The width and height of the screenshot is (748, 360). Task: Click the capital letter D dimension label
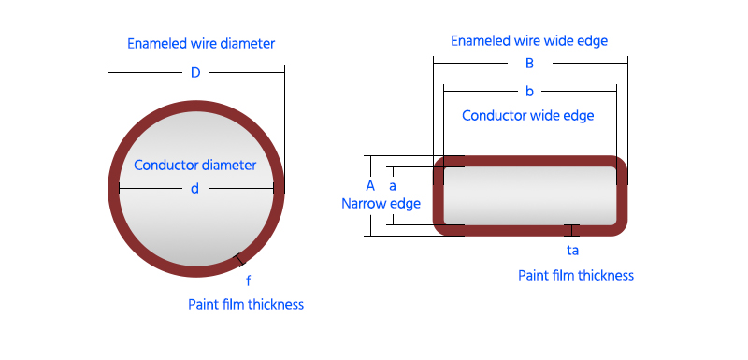(x=195, y=73)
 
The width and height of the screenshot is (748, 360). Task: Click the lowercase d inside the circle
(x=194, y=189)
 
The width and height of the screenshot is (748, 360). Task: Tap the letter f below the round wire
(x=248, y=281)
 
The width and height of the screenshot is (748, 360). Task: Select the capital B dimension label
(x=529, y=64)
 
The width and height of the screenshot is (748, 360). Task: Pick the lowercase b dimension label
(x=529, y=92)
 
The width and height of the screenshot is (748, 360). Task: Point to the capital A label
(x=370, y=186)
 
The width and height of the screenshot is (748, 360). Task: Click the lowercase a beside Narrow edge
(x=393, y=186)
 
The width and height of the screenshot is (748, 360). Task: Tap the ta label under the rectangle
(x=572, y=251)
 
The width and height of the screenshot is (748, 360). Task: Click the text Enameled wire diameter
(x=201, y=44)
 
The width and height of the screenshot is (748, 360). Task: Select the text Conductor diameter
(x=194, y=165)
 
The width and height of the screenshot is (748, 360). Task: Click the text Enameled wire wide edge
(x=529, y=41)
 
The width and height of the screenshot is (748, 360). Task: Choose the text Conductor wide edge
(x=528, y=115)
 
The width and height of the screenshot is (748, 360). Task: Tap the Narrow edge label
(x=381, y=204)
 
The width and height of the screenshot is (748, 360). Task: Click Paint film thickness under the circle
(x=246, y=304)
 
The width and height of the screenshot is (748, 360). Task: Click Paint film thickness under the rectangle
(x=576, y=275)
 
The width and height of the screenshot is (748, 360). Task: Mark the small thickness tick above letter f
(x=239, y=260)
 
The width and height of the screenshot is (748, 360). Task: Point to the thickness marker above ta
(x=571, y=230)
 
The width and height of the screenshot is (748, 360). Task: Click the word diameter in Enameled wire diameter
(x=247, y=44)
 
